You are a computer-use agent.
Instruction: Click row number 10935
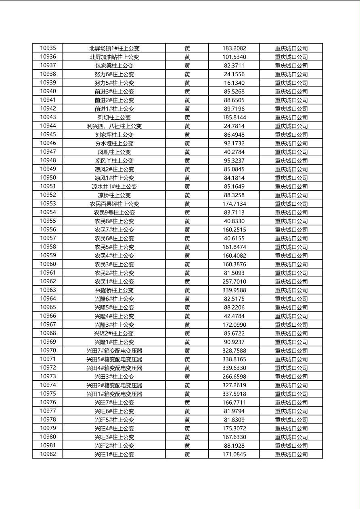coord(48,48)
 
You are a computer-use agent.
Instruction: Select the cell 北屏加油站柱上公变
coord(114,57)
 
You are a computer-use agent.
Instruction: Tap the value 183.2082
coord(234,48)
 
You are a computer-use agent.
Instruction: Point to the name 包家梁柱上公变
coord(114,65)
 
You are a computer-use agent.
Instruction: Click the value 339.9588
coord(234,290)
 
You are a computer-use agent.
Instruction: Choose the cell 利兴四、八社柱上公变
coord(114,126)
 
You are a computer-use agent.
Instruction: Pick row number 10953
coord(48,204)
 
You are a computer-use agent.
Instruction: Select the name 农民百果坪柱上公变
coord(114,204)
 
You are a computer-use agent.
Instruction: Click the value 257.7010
coord(234,282)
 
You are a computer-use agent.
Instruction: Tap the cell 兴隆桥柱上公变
coord(114,290)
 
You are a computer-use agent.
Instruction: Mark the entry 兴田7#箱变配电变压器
coord(114,350)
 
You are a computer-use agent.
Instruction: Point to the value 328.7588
coord(234,350)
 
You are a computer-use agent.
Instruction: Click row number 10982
coord(48,454)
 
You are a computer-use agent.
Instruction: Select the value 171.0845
coord(234,454)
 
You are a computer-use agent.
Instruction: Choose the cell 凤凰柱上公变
coord(114,152)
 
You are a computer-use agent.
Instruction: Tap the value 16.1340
coord(234,83)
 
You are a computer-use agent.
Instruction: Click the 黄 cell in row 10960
coord(187,264)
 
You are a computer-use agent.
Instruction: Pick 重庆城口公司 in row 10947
coord(291,152)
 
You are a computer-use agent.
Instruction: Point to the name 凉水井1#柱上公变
coord(114,186)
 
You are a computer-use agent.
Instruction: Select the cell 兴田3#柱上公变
coord(114,376)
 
